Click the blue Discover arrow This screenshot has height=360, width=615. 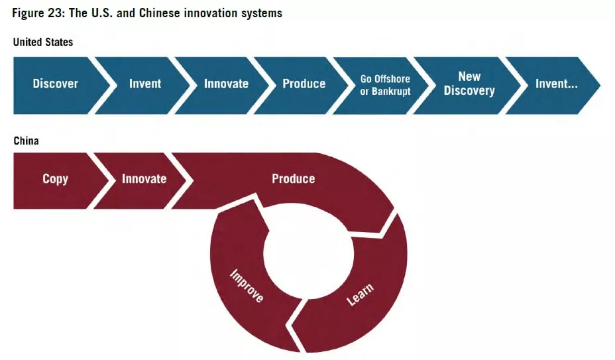[x=56, y=84]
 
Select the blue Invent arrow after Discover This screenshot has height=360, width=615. [x=144, y=84]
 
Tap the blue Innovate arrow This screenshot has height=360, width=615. [x=226, y=84]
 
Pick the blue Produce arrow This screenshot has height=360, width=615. [x=304, y=84]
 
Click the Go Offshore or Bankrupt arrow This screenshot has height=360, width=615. [x=385, y=84]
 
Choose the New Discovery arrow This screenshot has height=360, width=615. [x=469, y=84]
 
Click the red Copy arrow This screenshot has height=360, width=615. [x=55, y=179]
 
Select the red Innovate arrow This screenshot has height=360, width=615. [x=144, y=179]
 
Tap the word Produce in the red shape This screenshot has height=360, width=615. [x=293, y=179]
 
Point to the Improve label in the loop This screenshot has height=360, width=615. [x=246, y=286]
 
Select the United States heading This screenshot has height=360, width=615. [x=43, y=42]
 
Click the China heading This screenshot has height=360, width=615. [x=26, y=141]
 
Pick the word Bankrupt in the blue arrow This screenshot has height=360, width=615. [x=390, y=91]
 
